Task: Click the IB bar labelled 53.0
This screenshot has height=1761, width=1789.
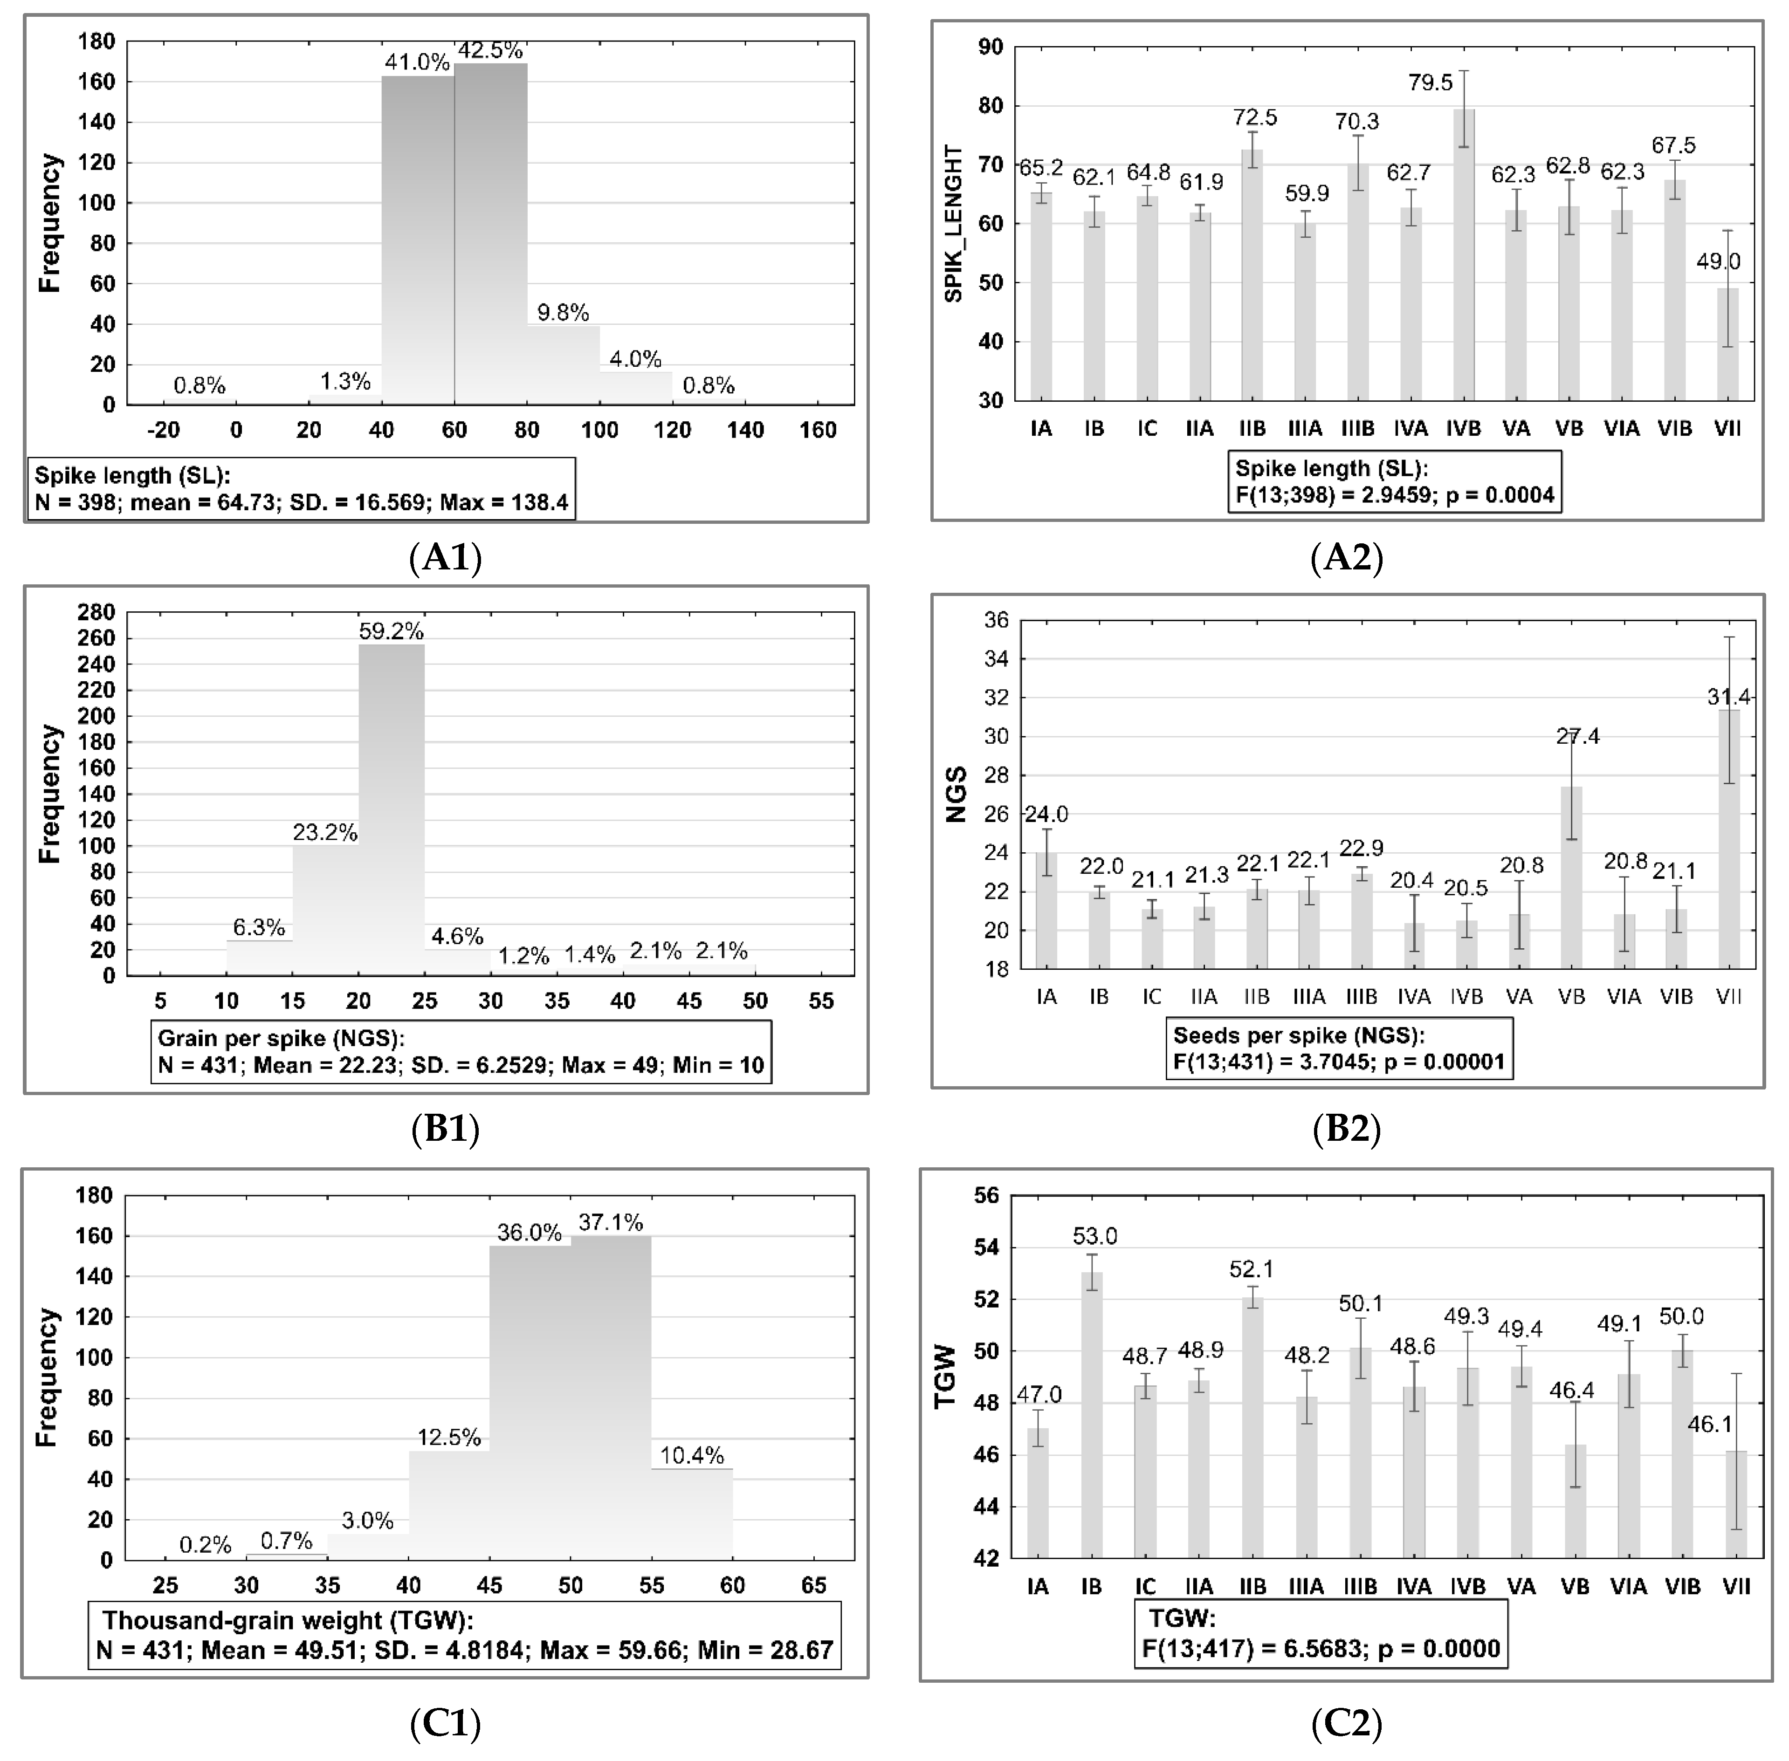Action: tap(1092, 1415)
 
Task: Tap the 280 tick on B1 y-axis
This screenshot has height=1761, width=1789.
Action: tap(100, 612)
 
